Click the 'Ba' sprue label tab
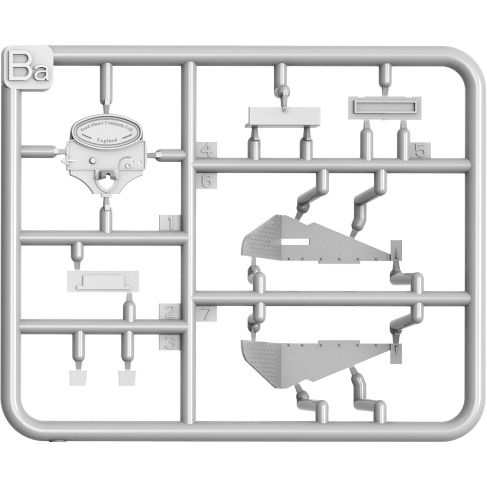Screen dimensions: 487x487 click(x=27, y=68)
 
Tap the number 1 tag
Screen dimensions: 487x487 click(x=169, y=223)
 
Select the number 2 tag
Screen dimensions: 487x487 click(x=169, y=312)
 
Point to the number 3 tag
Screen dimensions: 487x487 click(x=169, y=342)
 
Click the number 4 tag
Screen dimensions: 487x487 click(x=206, y=150)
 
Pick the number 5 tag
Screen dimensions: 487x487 click(x=420, y=150)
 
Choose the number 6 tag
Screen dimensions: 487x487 click(x=206, y=181)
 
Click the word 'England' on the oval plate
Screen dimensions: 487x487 click(x=107, y=140)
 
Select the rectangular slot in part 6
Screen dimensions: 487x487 click(x=295, y=242)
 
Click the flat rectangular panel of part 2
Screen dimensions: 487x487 click(x=103, y=281)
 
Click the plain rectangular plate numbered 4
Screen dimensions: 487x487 click(x=284, y=117)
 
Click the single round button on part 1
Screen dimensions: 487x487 click(x=92, y=161)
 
